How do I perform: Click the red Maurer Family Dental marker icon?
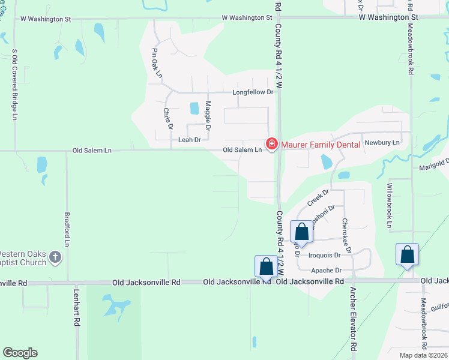[271, 144]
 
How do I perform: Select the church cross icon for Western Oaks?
[55, 258]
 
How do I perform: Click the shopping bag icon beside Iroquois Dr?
[301, 232]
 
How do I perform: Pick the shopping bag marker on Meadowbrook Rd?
[407, 254]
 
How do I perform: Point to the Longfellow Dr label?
[253, 92]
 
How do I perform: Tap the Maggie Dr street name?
[208, 116]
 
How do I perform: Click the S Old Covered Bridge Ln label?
[14, 83]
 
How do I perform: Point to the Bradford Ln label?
[67, 229]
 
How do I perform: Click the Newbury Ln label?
[382, 143]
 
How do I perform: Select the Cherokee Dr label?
[346, 236]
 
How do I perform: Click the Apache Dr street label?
[327, 271]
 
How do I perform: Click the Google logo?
[20, 353]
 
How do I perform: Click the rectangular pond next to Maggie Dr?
[194, 109]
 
